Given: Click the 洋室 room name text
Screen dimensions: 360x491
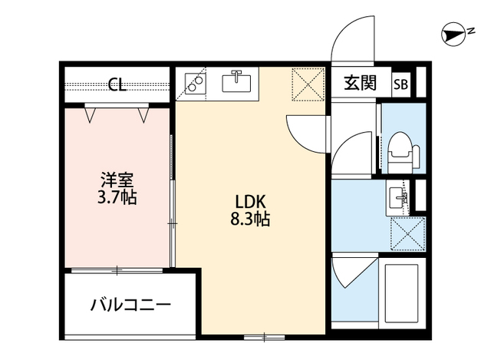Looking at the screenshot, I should (x=117, y=180).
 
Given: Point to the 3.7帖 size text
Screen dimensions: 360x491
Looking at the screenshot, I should (x=117, y=197).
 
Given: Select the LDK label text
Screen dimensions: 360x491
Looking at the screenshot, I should (x=250, y=201).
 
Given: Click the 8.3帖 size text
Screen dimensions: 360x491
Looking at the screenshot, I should (x=250, y=219).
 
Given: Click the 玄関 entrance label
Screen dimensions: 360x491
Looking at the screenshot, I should (x=359, y=84).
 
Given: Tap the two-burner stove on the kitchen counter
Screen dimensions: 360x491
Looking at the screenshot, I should (x=195, y=81).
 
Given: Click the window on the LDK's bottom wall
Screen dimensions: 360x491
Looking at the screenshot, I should (x=265, y=336).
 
